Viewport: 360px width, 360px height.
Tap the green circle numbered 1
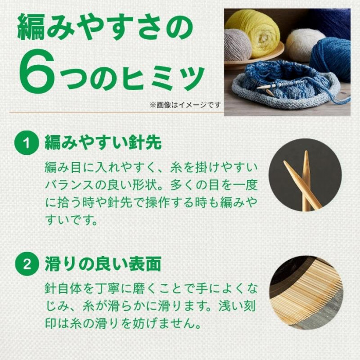pos(26,143)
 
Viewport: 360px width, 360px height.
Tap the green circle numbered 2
pos(26,264)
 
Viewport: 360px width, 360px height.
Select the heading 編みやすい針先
pos(103,142)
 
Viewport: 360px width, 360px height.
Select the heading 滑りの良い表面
pos(103,264)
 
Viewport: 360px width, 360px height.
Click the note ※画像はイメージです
pos(185,105)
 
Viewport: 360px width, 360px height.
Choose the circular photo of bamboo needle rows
pos(306,292)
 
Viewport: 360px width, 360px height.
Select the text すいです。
pos(71,220)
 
